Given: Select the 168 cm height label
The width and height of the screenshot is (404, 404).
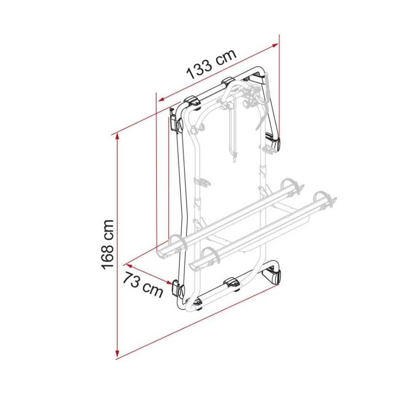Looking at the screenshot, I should (107, 244).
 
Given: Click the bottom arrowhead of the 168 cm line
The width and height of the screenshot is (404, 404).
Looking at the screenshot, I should (117, 354).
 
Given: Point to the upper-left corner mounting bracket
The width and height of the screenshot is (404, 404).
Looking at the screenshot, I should (174, 119).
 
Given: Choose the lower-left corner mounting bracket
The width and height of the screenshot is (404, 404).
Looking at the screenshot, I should (177, 289).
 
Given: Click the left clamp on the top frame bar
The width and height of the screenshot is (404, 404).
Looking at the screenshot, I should (192, 101).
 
